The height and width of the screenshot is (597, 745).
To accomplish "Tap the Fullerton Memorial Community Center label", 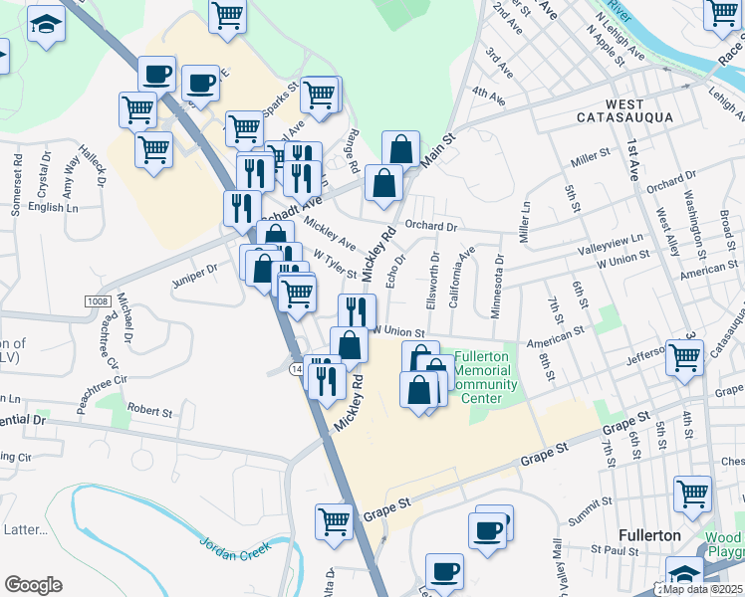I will coord(485,371).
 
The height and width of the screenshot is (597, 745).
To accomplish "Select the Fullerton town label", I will coord(648,534).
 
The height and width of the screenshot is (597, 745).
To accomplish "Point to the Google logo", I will coord(33,585).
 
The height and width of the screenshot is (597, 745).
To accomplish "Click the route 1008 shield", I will coord(97,300).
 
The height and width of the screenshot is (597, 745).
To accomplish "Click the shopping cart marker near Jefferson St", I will coord(684,357).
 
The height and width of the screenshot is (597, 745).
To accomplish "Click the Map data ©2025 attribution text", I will coord(703,589).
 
